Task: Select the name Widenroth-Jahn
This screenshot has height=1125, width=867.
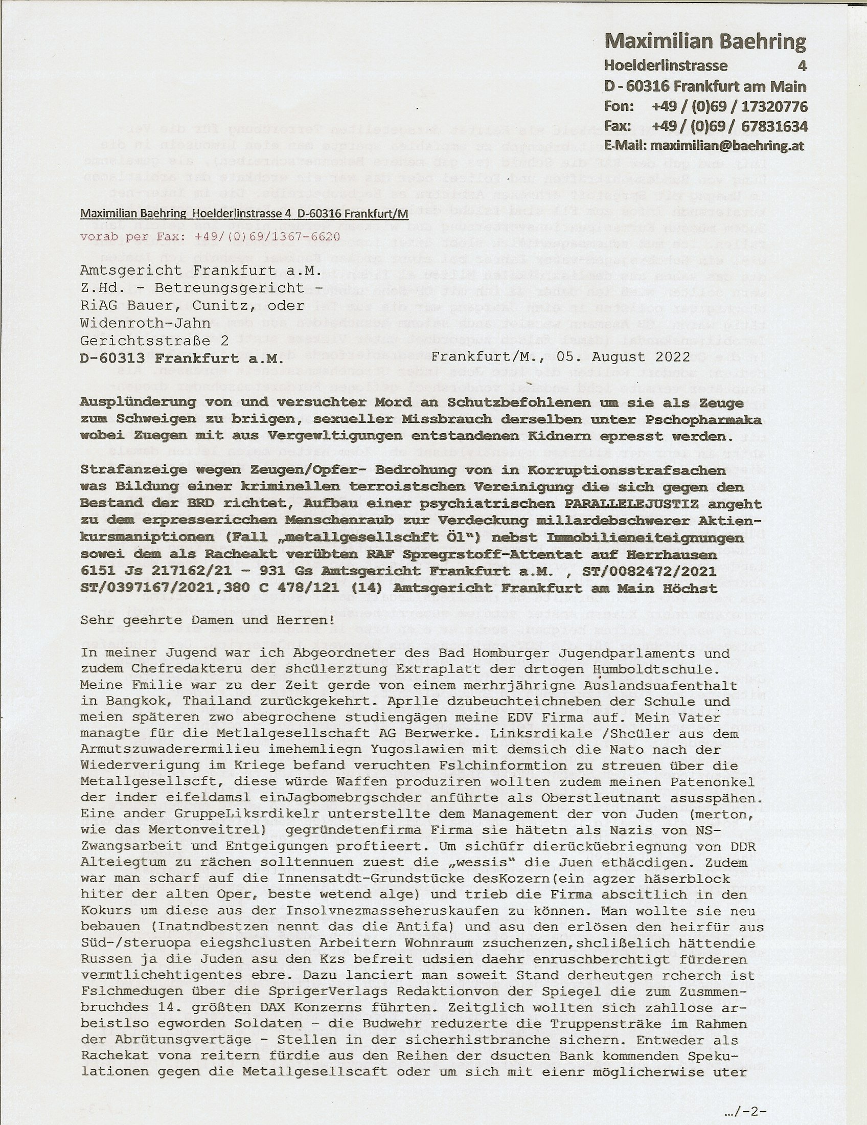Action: coord(146,323)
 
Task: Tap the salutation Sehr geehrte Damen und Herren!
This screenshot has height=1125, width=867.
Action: coord(207,620)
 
